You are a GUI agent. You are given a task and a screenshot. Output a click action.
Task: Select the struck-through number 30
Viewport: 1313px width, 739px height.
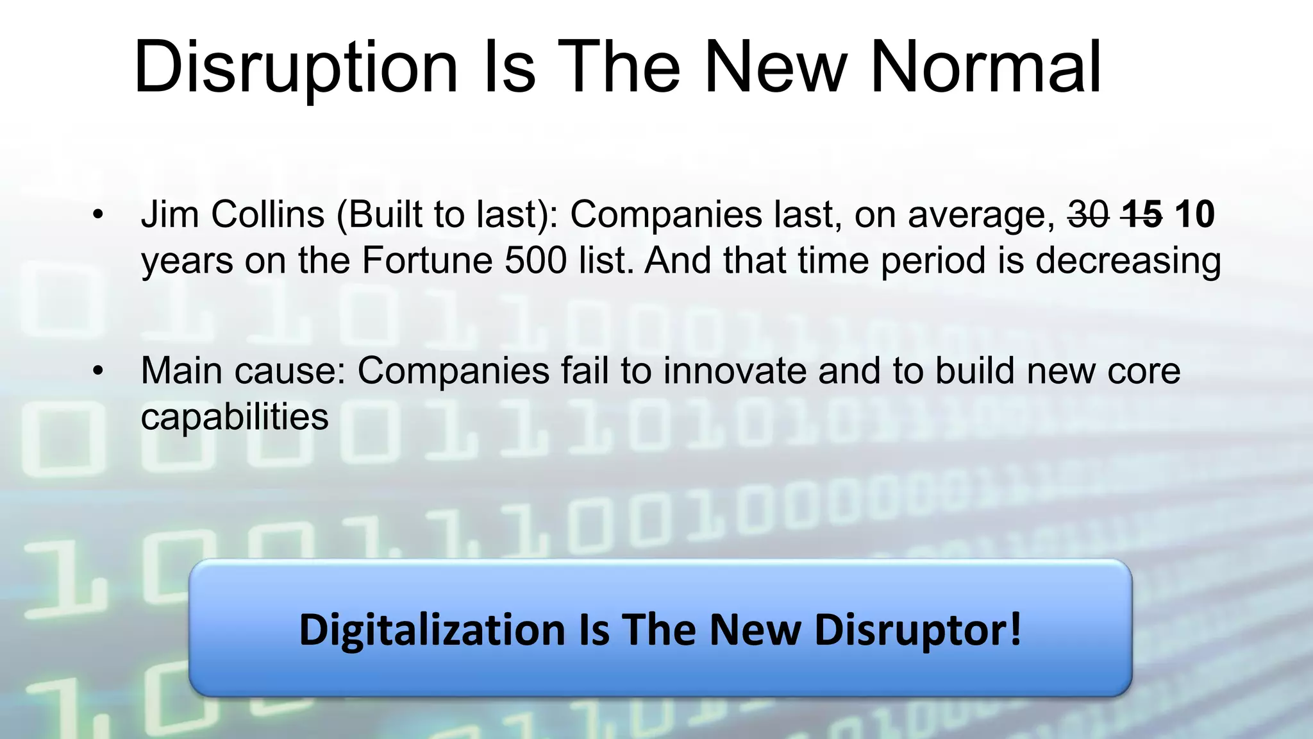[1088, 214]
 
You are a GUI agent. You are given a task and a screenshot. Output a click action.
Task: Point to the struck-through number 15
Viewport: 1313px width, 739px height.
[1142, 214]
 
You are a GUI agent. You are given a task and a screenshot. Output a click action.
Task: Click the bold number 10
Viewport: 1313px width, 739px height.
[1194, 214]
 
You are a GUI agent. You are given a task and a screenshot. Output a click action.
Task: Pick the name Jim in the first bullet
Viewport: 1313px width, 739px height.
[169, 214]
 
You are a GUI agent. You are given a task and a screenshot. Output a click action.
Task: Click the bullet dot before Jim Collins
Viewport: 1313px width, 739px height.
[97, 215]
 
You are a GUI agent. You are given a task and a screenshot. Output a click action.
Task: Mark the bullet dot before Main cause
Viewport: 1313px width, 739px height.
[97, 371]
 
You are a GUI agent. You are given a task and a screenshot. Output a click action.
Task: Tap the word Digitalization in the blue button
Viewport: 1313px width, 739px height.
[432, 630]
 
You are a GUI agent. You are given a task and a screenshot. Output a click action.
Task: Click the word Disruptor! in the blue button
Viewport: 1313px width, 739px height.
[918, 630]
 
